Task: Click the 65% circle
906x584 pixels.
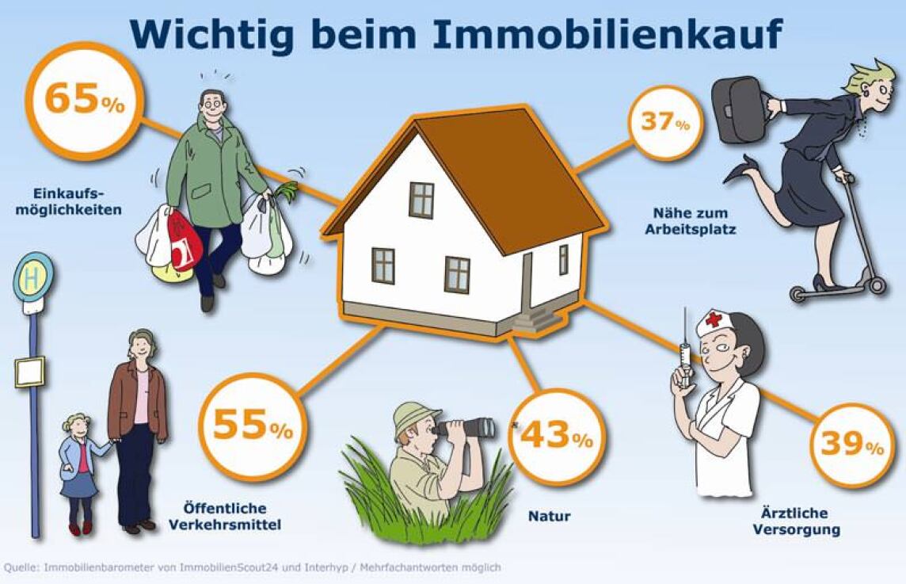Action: [x=85, y=101]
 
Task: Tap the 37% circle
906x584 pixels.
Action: [x=665, y=123]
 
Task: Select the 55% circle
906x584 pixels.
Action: [x=253, y=426]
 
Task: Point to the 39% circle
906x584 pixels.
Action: [x=852, y=445]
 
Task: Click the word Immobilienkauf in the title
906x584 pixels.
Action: [x=607, y=35]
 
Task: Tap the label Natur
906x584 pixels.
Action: [x=549, y=517]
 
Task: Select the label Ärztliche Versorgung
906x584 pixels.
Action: [x=798, y=521]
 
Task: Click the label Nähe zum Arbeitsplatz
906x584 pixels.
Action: [x=691, y=221]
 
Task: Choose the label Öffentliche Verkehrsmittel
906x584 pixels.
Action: [x=225, y=517]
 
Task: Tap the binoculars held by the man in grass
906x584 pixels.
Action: [x=464, y=427]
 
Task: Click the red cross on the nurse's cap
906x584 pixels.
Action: [x=713, y=319]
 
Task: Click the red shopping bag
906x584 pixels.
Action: [x=185, y=241]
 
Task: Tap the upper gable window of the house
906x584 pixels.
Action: [x=422, y=200]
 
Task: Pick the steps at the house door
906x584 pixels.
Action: [x=535, y=319]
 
